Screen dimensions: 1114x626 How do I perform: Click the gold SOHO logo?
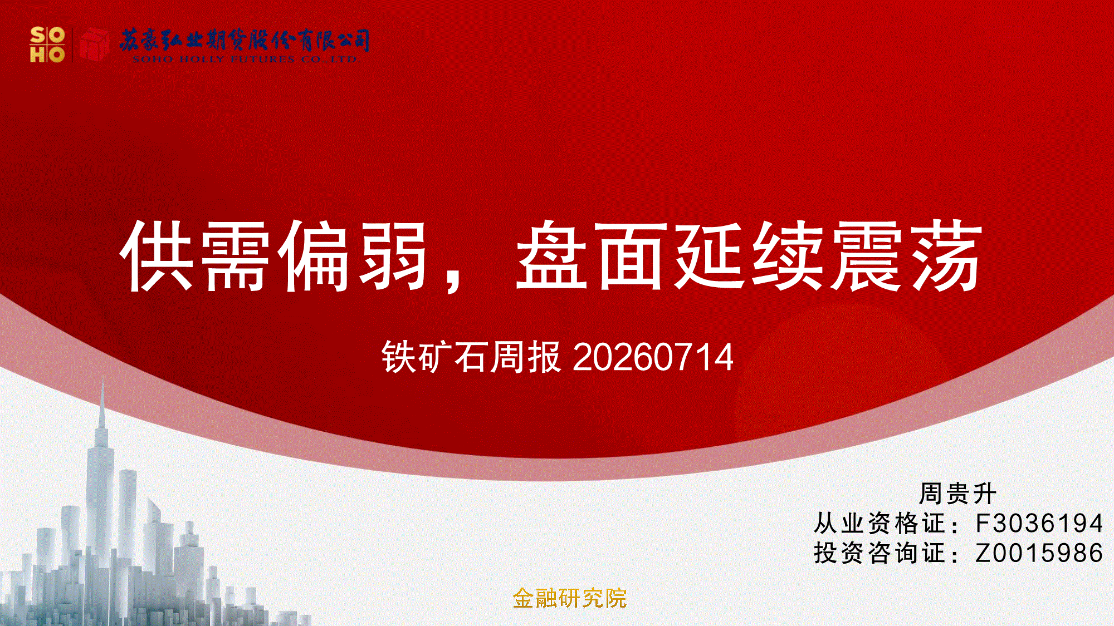click(x=47, y=45)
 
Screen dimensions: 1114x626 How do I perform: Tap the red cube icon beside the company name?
click(x=94, y=44)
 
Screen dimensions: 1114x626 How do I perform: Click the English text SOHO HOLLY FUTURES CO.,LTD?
click(x=246, y=59)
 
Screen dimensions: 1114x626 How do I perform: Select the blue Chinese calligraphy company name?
click(x=245, y=40)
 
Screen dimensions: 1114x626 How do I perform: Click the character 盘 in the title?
click(x=552, y=255)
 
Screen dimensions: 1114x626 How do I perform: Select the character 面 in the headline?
click(x=632, y=255)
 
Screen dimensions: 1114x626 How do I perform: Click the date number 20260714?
click(x=653, y=357)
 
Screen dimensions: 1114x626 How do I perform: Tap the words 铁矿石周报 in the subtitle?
click(x=471, y=357)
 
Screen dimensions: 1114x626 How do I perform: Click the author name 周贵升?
click(x=957, y=493)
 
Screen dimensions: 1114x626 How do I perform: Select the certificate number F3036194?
click(x=1039, y=523)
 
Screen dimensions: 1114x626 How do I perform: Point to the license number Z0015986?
click(x=1039, y=553)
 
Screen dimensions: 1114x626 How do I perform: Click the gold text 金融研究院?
click(x=569, y=599)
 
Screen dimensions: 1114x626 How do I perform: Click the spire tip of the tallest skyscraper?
click(x=102, y=378)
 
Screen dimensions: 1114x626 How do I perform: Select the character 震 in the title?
click(x=867, y=255)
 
